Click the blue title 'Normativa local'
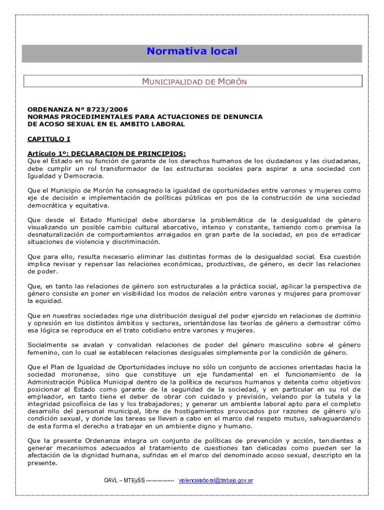pyautogui.click(x=192, y=51)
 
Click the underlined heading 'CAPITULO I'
pyautogui.click(x=48, y=139)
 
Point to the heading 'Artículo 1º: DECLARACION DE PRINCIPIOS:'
pyautogui.click(x=106, y=153)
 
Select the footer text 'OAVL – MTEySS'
pyautogui.click(x=124, y=481)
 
